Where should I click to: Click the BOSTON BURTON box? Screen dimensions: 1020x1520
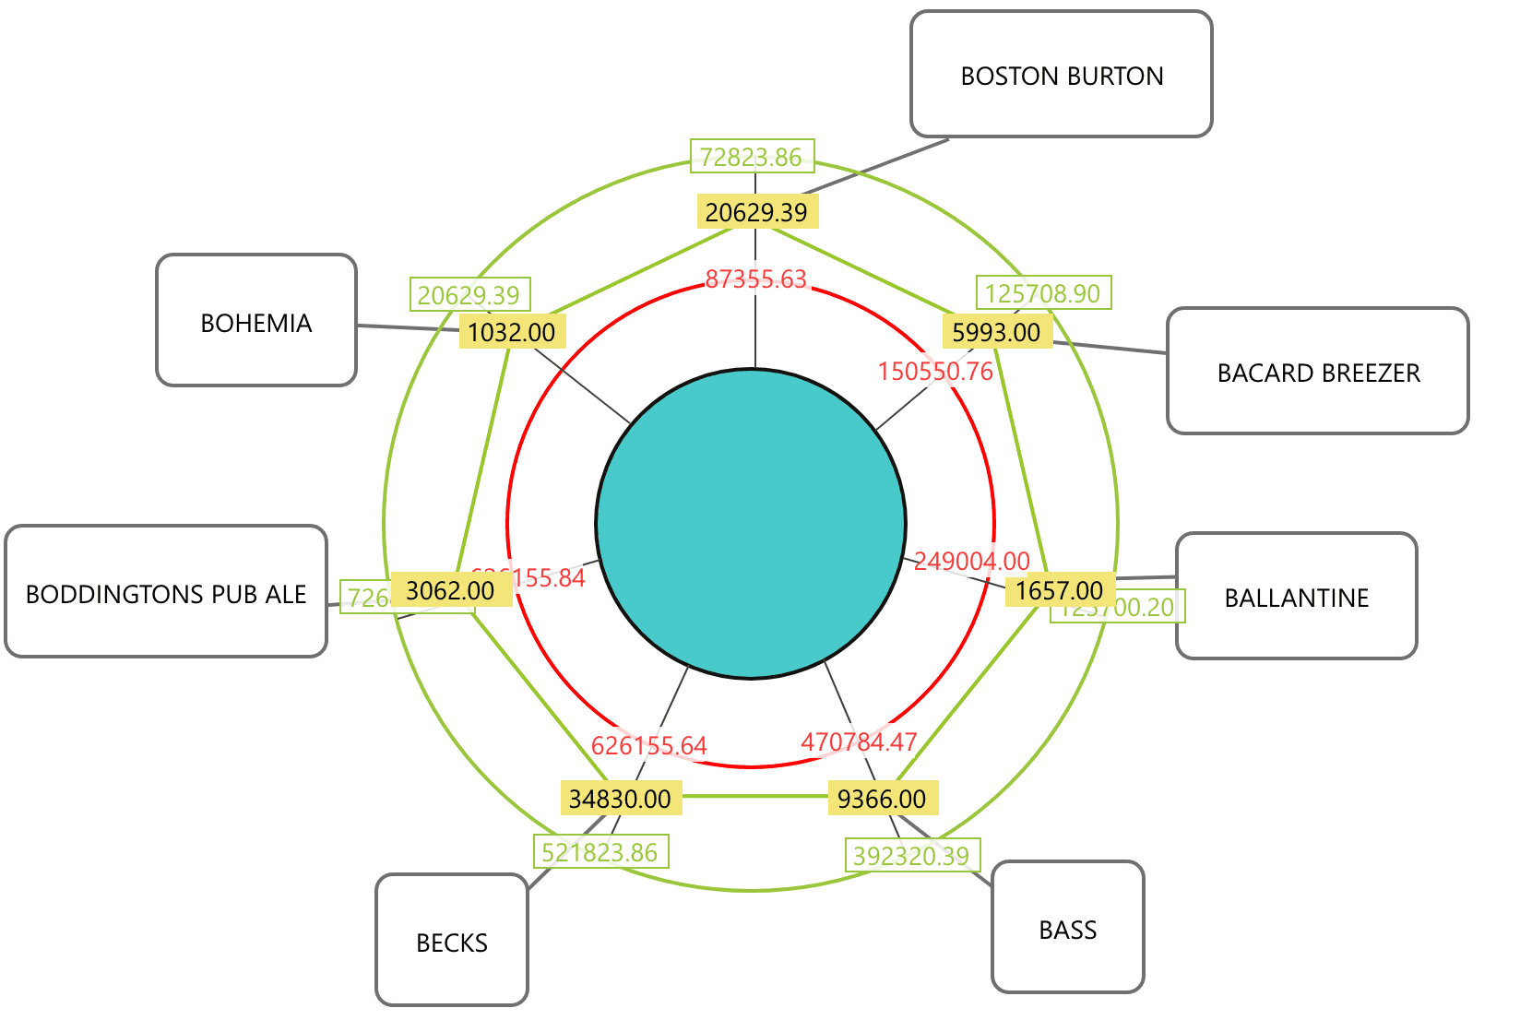(1061, 75)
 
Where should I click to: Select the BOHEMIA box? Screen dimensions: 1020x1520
(256, 320)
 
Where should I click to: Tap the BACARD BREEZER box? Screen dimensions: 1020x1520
(1317, 371)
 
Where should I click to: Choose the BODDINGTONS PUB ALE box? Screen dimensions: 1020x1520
(166, 591)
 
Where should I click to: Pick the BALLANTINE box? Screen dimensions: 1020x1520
(1296, 596)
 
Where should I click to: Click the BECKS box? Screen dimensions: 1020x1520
(452, 940)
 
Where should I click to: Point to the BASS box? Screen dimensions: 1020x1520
(1067, 927)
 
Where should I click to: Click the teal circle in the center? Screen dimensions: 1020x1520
(751, 524)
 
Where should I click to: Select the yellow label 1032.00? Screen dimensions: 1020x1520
(512, 332)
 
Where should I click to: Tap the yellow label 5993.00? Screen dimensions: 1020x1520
(996, 332)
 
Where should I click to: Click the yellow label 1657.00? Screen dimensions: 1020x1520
(1059, 590)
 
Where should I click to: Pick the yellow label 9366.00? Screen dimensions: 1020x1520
(882, 799)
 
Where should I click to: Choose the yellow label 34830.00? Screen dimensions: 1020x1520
(620, 799)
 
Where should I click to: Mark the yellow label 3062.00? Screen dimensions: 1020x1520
(450, 590)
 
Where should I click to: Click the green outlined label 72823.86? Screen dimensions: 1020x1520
(751, 157)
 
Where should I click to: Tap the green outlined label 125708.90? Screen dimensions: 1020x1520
(1042, 293)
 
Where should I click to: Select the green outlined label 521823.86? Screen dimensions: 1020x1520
(600, 852)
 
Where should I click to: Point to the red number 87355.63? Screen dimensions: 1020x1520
(755, 279)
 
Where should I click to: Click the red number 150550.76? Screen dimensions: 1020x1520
(935, 372)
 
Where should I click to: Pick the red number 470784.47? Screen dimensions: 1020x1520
(859, 741)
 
